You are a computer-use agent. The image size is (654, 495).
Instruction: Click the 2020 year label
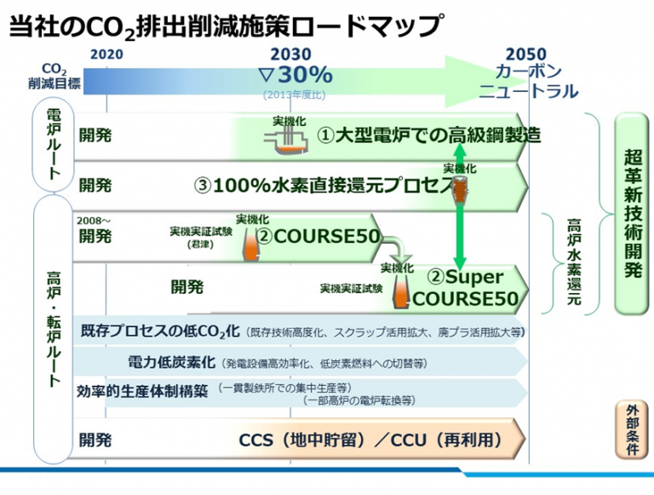point(106,55)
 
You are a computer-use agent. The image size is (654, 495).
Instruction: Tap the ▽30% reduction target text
point(295,75)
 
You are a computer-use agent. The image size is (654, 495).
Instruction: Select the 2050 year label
point(526,55)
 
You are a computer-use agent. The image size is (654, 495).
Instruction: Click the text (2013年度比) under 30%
point(294,95)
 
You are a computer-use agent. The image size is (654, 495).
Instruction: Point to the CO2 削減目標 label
point(54,77)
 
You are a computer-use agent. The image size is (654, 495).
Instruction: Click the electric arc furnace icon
point(286,141)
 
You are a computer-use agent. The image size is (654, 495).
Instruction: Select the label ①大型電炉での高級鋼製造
point(429,135)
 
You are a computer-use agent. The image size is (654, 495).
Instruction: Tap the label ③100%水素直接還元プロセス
point(324,186)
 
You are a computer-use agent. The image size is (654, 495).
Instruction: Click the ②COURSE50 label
point(318,237)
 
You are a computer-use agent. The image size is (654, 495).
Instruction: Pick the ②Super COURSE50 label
point(466,288)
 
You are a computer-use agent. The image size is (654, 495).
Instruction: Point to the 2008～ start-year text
point(94,221)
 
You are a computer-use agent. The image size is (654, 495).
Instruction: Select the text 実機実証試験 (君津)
point(201,238)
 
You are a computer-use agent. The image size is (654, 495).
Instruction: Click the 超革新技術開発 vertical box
point(633,213)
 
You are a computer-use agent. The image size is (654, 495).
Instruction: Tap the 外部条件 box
point(633,430)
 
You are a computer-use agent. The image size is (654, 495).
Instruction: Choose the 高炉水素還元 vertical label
point(574,262)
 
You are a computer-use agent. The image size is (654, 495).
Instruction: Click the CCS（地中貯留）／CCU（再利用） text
point(370,440)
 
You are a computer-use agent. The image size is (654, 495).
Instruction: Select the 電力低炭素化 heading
point(171,362)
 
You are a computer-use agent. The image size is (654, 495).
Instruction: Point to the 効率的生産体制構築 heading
point(142,391)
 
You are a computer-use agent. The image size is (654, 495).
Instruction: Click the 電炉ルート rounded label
point(54,144)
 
